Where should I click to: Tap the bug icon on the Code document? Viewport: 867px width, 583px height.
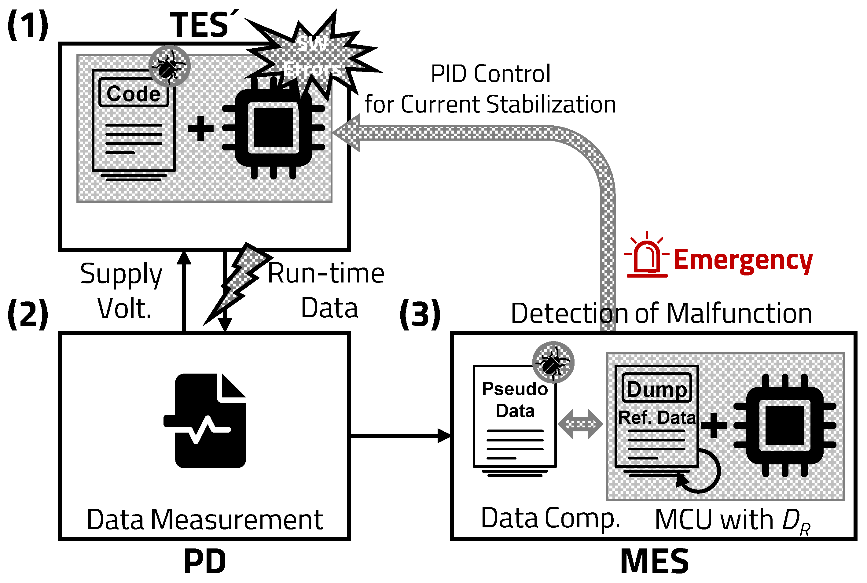(170, 66)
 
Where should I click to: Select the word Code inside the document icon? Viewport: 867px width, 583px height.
(134, 93)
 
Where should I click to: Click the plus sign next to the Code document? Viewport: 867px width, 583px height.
(201, 128)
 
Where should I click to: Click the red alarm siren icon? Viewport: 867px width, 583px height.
(647, 256)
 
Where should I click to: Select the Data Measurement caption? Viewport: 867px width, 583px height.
(205, 519)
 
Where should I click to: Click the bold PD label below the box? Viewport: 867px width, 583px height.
(205, 561)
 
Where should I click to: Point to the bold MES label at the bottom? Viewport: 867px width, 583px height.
(655, 561)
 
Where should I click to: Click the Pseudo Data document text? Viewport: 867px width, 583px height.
(515, 399)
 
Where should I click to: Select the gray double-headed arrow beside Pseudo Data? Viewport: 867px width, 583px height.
(580, 424)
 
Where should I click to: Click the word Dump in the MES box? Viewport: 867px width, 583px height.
(657, 389)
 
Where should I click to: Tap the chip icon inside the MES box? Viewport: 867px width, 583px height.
(785, 425)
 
